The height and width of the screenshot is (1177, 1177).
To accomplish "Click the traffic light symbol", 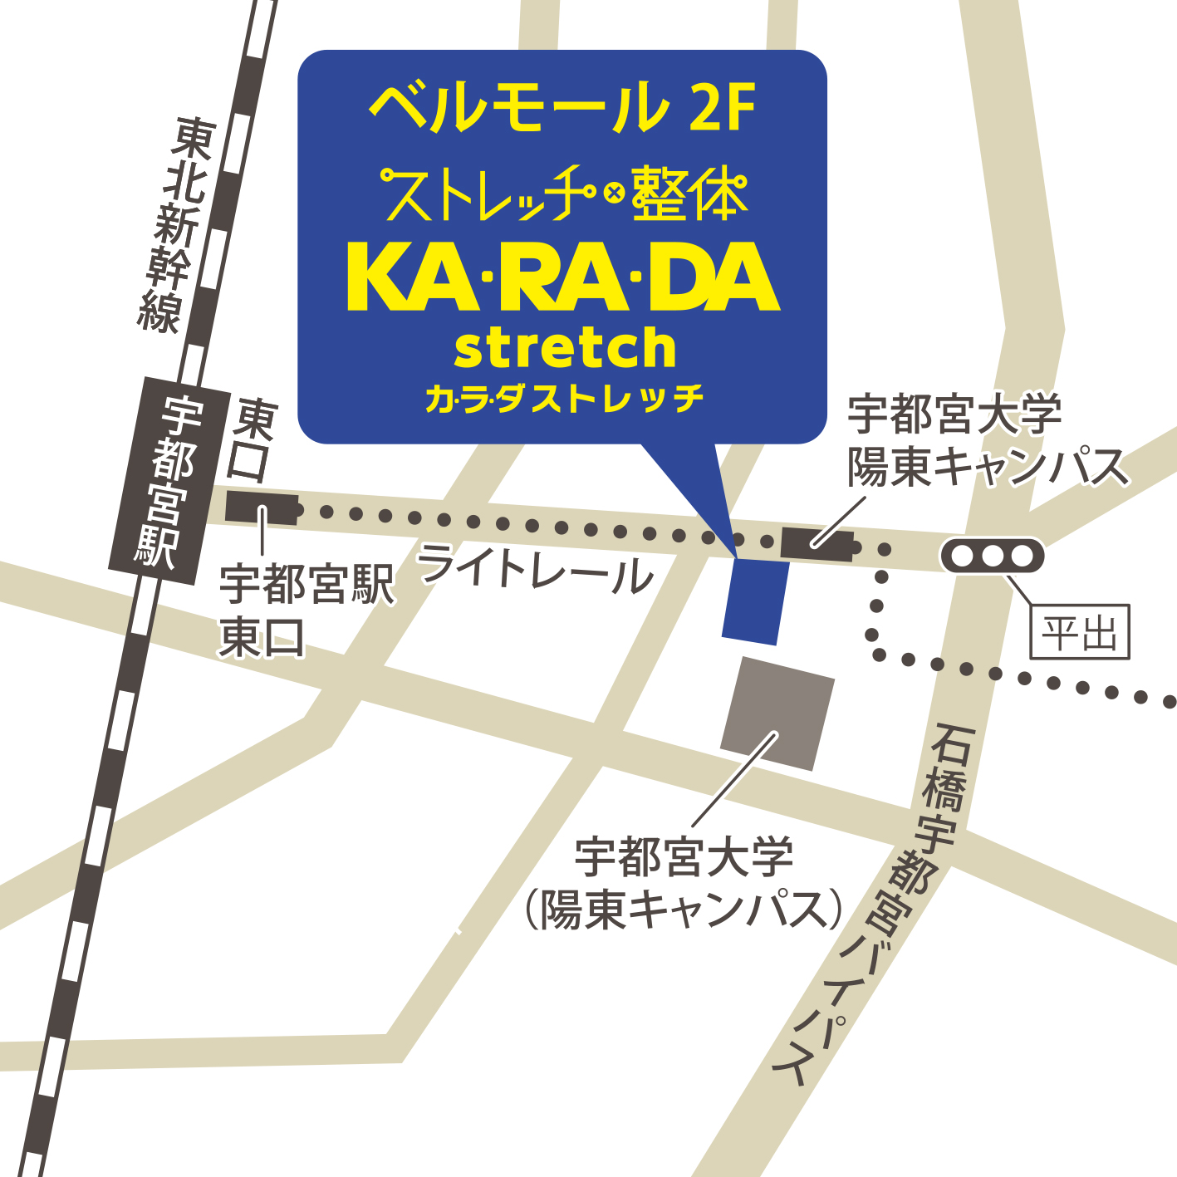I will tap(993, 556).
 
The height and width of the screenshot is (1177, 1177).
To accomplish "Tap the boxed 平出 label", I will tap(1079, 632).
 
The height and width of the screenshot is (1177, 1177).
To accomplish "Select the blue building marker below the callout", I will tap(755, 600).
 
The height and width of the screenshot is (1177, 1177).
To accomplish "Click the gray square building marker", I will tap(777, 714).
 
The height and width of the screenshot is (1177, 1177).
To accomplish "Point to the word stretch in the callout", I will tap(565, 348).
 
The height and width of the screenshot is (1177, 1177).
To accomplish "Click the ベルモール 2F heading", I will tap(562, 107).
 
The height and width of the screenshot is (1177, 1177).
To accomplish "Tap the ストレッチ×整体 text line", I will tap(562, 194).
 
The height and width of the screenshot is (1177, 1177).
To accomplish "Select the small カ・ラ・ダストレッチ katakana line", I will tap(564, 400).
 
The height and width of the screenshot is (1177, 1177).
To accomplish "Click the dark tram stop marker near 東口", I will tap(262, 508).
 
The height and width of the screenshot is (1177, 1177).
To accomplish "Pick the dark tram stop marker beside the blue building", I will tap(817, 542).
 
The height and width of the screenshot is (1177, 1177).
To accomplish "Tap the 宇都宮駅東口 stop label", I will tap(305, 611).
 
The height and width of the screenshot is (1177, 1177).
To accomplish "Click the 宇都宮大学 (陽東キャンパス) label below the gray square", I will tap(683, 883).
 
